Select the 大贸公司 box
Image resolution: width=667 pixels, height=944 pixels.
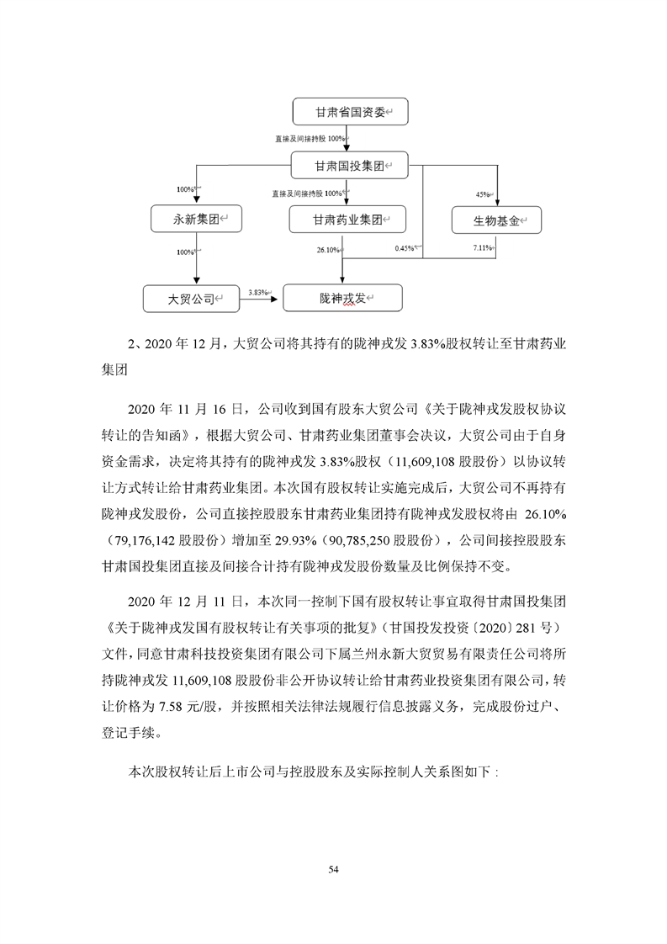click(x=195, y=298)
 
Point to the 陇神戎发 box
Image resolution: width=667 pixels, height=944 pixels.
click(x=342, y=298)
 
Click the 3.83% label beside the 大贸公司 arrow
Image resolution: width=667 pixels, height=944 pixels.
click(x=258, y=292)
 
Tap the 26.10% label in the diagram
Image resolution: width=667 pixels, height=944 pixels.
click(x=327, y=250)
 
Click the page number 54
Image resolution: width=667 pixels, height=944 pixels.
click(x=333, y=867)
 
